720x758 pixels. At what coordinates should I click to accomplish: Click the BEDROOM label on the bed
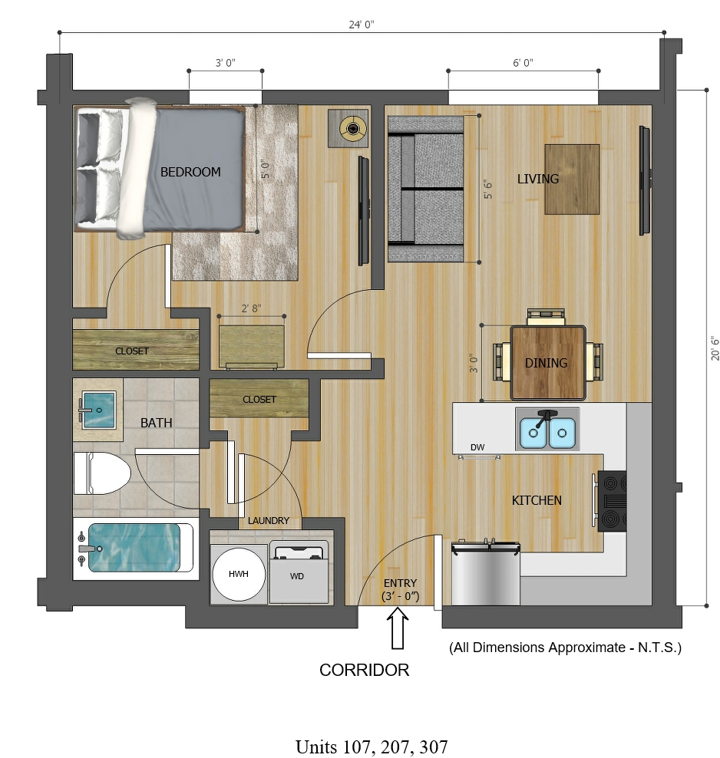point(190,172)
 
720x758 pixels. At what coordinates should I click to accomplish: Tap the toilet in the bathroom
point(102,473)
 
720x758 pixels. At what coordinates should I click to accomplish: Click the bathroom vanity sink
point(98,410)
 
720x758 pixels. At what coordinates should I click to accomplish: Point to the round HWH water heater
point(239,574)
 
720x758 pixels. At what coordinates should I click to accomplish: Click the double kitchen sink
point(547,430)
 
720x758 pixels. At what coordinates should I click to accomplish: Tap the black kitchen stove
point(613,501)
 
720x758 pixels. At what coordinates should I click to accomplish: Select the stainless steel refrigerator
point(485,573)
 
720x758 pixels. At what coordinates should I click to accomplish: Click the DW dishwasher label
point(477,447)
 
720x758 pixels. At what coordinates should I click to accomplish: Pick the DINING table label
point(546,363)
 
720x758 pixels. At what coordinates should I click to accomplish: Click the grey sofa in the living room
point(425,189)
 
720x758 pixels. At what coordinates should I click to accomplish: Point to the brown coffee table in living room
point(572,179)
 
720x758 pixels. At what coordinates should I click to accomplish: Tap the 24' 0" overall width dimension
point(362,25)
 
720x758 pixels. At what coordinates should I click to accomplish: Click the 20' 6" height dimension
point(715,348)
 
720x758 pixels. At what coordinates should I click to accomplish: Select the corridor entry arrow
point(398,628)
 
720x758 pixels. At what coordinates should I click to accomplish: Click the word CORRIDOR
point(364,670)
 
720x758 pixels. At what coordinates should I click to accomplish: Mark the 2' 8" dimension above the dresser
point(252,308)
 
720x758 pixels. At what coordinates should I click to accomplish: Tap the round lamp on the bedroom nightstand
point(353,128)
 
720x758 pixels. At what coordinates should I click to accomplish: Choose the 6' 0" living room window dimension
point(523,63)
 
